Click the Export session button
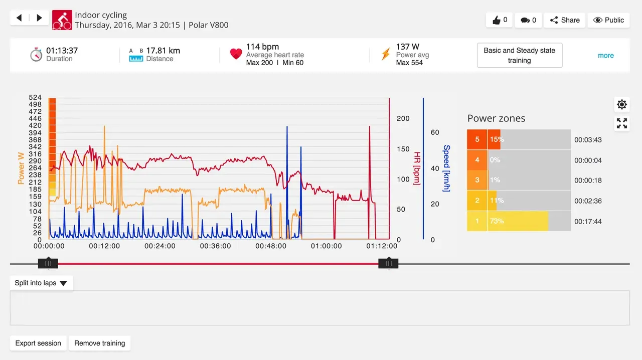(x=38, y=343)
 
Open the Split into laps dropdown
(x=41, y=283)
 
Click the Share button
(x=565, y=20)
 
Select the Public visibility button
(x=608, y=20)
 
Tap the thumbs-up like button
(x=499, y=20)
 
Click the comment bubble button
(x=528, y=20)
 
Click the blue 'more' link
(x=605, y=56)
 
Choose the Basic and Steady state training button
(x=519, y=55)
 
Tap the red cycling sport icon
(x=62, y=20)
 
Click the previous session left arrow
(x=19, y=18)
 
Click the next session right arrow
(x=39, y=18)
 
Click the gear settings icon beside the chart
(x=622, y=104)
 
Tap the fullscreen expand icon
(x=622, y=123)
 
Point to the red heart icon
(x=236, y=54)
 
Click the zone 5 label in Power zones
(x=477, y=139)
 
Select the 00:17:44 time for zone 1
(x=588, y=222)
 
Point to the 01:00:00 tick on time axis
(x=327, y=246)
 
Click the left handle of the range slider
(x=48, y=263)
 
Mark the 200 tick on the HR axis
(x=403, y=119)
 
